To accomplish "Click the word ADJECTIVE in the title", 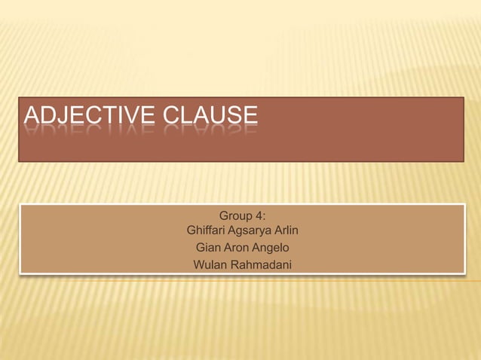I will point(88,116).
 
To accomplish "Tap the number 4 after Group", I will point(260,215).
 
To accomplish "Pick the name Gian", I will point(208,247).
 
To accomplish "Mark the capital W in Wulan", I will point(199,264).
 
